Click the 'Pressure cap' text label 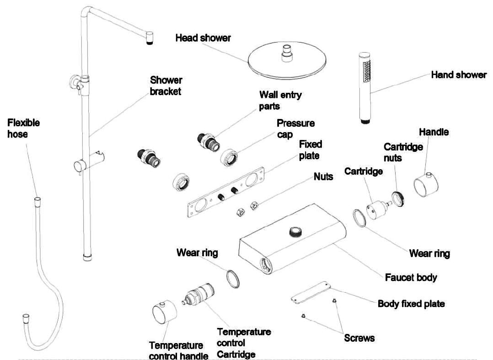pos(295,129)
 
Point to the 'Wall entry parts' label pos(280,101)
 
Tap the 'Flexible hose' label pos(23,129)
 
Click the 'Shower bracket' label pos(166,85)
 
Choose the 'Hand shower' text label pos(458,75)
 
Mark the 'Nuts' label pos(323,177)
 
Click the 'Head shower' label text pos(203,38)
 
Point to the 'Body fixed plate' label pos(411,304)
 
